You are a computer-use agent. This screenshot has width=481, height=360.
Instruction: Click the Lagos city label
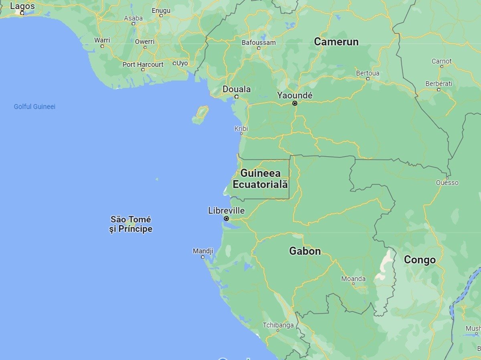coord(22,6)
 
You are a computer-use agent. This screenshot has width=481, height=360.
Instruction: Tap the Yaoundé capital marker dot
coord(295,103)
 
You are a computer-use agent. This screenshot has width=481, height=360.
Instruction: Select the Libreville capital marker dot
coord(226,219)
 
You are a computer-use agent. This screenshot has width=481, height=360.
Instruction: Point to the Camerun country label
coord(336,42)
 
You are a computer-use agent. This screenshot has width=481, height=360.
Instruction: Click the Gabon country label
coord(305,251)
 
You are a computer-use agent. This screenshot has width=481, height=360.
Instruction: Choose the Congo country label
coord(419,260)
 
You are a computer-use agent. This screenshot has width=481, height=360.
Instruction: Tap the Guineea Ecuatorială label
coord(260,179)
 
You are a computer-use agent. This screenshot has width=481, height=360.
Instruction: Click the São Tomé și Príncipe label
coord(131,224)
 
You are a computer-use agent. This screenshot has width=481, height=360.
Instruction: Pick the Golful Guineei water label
coord(34,107)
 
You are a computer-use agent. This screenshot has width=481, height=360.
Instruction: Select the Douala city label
coord(236,89)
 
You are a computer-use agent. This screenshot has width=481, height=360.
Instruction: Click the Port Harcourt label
coord(143,64)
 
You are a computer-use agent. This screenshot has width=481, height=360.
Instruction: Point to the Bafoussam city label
coord(259,42)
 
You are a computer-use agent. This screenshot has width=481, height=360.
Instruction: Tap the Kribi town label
coord(241,129)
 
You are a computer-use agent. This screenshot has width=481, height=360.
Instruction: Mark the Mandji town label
coord(203,251)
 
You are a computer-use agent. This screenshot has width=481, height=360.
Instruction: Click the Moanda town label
coord(353,279)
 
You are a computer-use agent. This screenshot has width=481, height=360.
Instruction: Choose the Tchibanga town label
coord(278,325)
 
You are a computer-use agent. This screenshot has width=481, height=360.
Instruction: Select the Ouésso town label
coord(447,183)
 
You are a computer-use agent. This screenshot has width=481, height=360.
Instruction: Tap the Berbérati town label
coord(439,84)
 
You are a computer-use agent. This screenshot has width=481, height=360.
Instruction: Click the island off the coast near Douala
coord(200,115)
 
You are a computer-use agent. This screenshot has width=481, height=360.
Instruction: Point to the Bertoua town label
coord(368,73)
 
